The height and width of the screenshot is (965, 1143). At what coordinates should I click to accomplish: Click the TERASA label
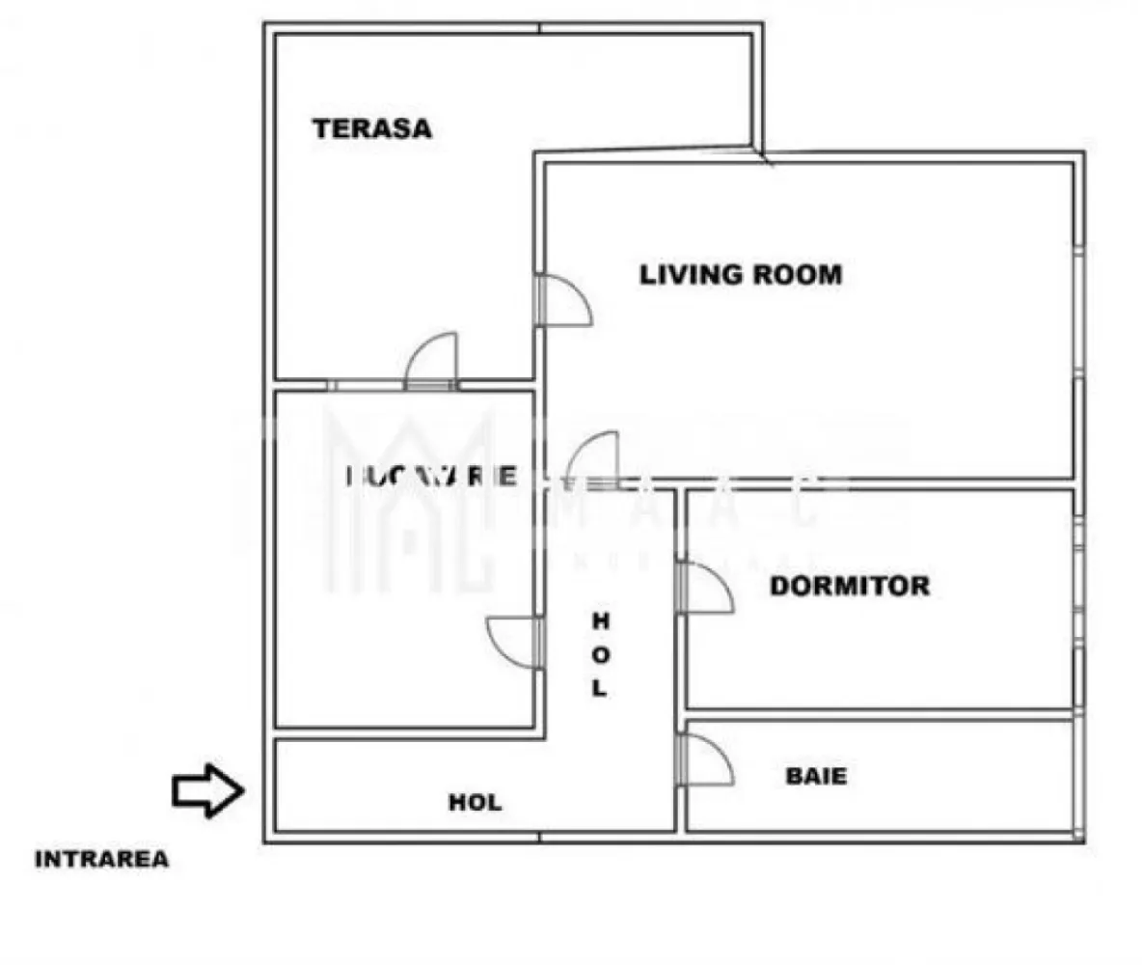pos(372,128)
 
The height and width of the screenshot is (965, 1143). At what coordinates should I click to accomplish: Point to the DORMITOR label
pos(850,586)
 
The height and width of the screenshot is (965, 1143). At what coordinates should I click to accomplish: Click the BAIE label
pos(816,775)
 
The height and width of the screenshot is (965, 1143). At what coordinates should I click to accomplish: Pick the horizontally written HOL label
pos(475,802)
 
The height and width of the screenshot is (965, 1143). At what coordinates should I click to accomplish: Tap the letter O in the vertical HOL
pos(600,654)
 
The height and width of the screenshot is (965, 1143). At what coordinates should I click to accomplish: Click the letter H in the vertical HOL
pos(600,620)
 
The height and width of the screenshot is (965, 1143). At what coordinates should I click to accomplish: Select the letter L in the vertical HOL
pos(600,688)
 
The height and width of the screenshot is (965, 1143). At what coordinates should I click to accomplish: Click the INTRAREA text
pos(101,859)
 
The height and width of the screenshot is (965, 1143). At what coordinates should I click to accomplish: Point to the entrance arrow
pos(206,791)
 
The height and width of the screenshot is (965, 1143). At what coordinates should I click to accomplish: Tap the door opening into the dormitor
pos(705,589)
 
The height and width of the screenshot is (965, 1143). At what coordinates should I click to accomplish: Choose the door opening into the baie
pos(705,761)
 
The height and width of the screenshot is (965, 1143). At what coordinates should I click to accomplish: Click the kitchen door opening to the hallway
pos(513,642)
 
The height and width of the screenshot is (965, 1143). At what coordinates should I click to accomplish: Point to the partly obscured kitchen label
pos(430,476)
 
